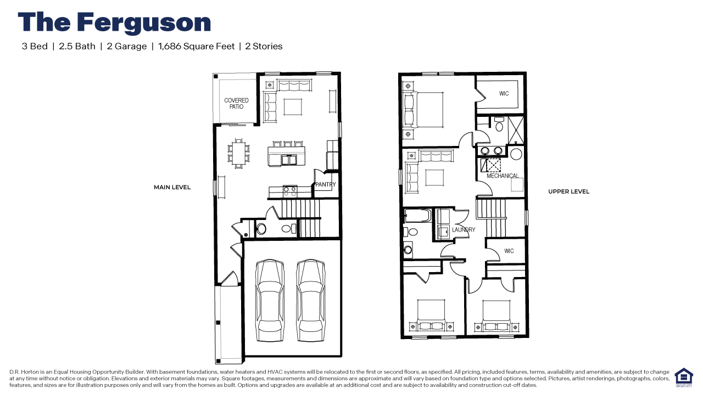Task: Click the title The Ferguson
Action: click(x=114, y=22)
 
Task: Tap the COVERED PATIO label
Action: click(x=236, y=103)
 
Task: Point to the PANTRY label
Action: click(x=325, y=185)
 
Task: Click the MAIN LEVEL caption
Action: click(x=172, y=188)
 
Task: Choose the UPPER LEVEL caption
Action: click(x=568, y=191)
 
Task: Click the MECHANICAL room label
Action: click(x=502, y=176)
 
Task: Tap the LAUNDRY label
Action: click(x=464, y=230)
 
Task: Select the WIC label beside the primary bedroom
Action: click(x=504, y=94)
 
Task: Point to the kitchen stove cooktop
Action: click(x=289, y=191)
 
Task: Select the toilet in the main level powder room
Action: click(x=261, y=229)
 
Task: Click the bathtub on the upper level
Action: click(x=417, y=216)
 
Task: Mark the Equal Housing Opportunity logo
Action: click(x=683, y=377)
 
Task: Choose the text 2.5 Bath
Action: click(x=77, y=47)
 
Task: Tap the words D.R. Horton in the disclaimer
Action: click(x=23, y=372)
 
